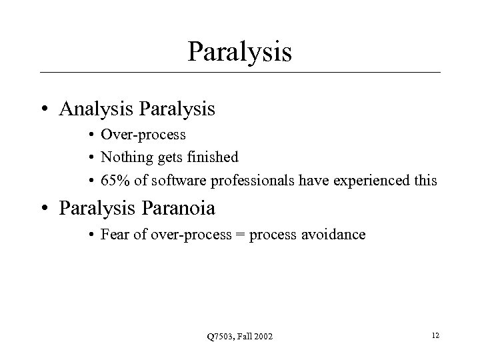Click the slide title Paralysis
pyautogui.click(x=239, y=52)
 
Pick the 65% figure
pyautogui.click(x=114, y=179)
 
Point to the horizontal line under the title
pyautogui.click(x=239, y=72)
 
